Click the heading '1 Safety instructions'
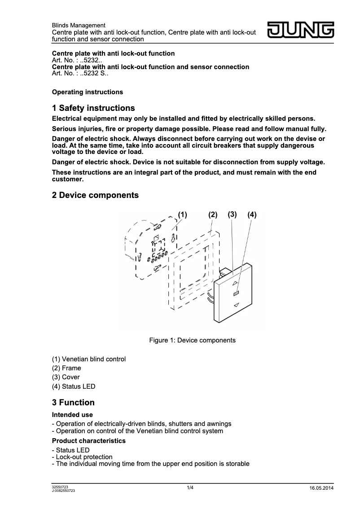click(93, 108)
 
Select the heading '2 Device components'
click(95, 195)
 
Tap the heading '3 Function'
click(73, 402)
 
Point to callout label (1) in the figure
click(182, 215)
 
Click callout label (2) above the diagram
click(213, 215)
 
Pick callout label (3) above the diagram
click(232, 214)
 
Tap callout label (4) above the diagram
click(252, 215)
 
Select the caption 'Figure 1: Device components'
click(192, 340)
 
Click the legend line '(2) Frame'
click(66, 368)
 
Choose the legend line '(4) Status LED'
click(74, 386)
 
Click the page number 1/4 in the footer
click(190, 488)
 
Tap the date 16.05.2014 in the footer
click(321, 488)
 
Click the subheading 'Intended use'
click(72, 415)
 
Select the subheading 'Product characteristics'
click(89, 441)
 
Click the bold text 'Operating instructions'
click(88, 92)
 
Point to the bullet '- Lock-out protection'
click(82, 457)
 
